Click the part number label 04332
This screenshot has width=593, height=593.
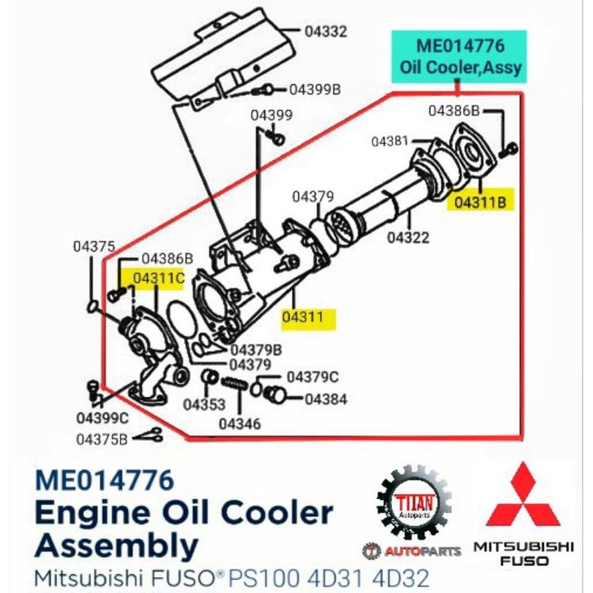326,31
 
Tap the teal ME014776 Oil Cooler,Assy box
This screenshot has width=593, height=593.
460,56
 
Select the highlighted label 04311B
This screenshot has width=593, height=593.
480,203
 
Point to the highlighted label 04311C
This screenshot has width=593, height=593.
158,278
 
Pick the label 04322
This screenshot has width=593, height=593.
408,238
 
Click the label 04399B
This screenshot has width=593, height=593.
315,90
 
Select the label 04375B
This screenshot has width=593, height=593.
102,439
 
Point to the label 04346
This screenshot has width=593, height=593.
240,424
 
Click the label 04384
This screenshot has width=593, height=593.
326,399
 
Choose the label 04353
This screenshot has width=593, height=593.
204,404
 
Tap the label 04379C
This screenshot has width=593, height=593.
313,377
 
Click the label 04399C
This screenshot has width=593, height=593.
102,418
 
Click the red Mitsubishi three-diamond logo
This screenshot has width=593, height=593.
524,495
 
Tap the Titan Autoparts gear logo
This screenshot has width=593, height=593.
414,503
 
